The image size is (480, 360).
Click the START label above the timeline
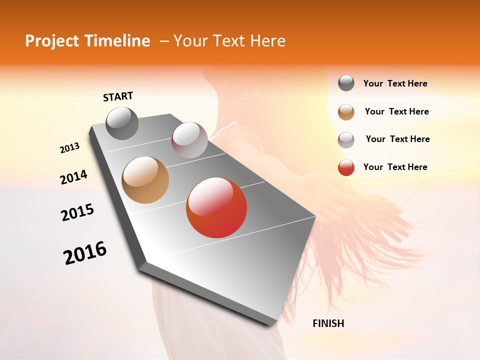pos(118,96)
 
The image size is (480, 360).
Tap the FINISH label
pos(328,323)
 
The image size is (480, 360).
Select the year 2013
pos(69,148)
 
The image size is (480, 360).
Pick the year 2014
pos(73,177)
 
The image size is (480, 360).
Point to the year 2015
pos(77,212)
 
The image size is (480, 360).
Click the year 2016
pos(85,253)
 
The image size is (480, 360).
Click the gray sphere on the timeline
pos(122,123)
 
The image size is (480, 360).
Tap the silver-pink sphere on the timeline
pos(189,140)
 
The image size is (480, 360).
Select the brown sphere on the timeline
pos(145,180)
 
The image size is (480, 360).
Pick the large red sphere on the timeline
pos(216,207)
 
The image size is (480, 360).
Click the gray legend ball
pos(346,83)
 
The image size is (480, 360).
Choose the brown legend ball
pos(346,112)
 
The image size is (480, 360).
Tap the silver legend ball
pos(346,140)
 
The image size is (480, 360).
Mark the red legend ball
pos(346,167)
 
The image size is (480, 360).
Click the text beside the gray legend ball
pos(395,83)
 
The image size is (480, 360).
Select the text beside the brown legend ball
pos(396,111)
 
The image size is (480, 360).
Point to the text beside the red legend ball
pos(395,167)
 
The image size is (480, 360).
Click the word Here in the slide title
pos(267,41)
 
